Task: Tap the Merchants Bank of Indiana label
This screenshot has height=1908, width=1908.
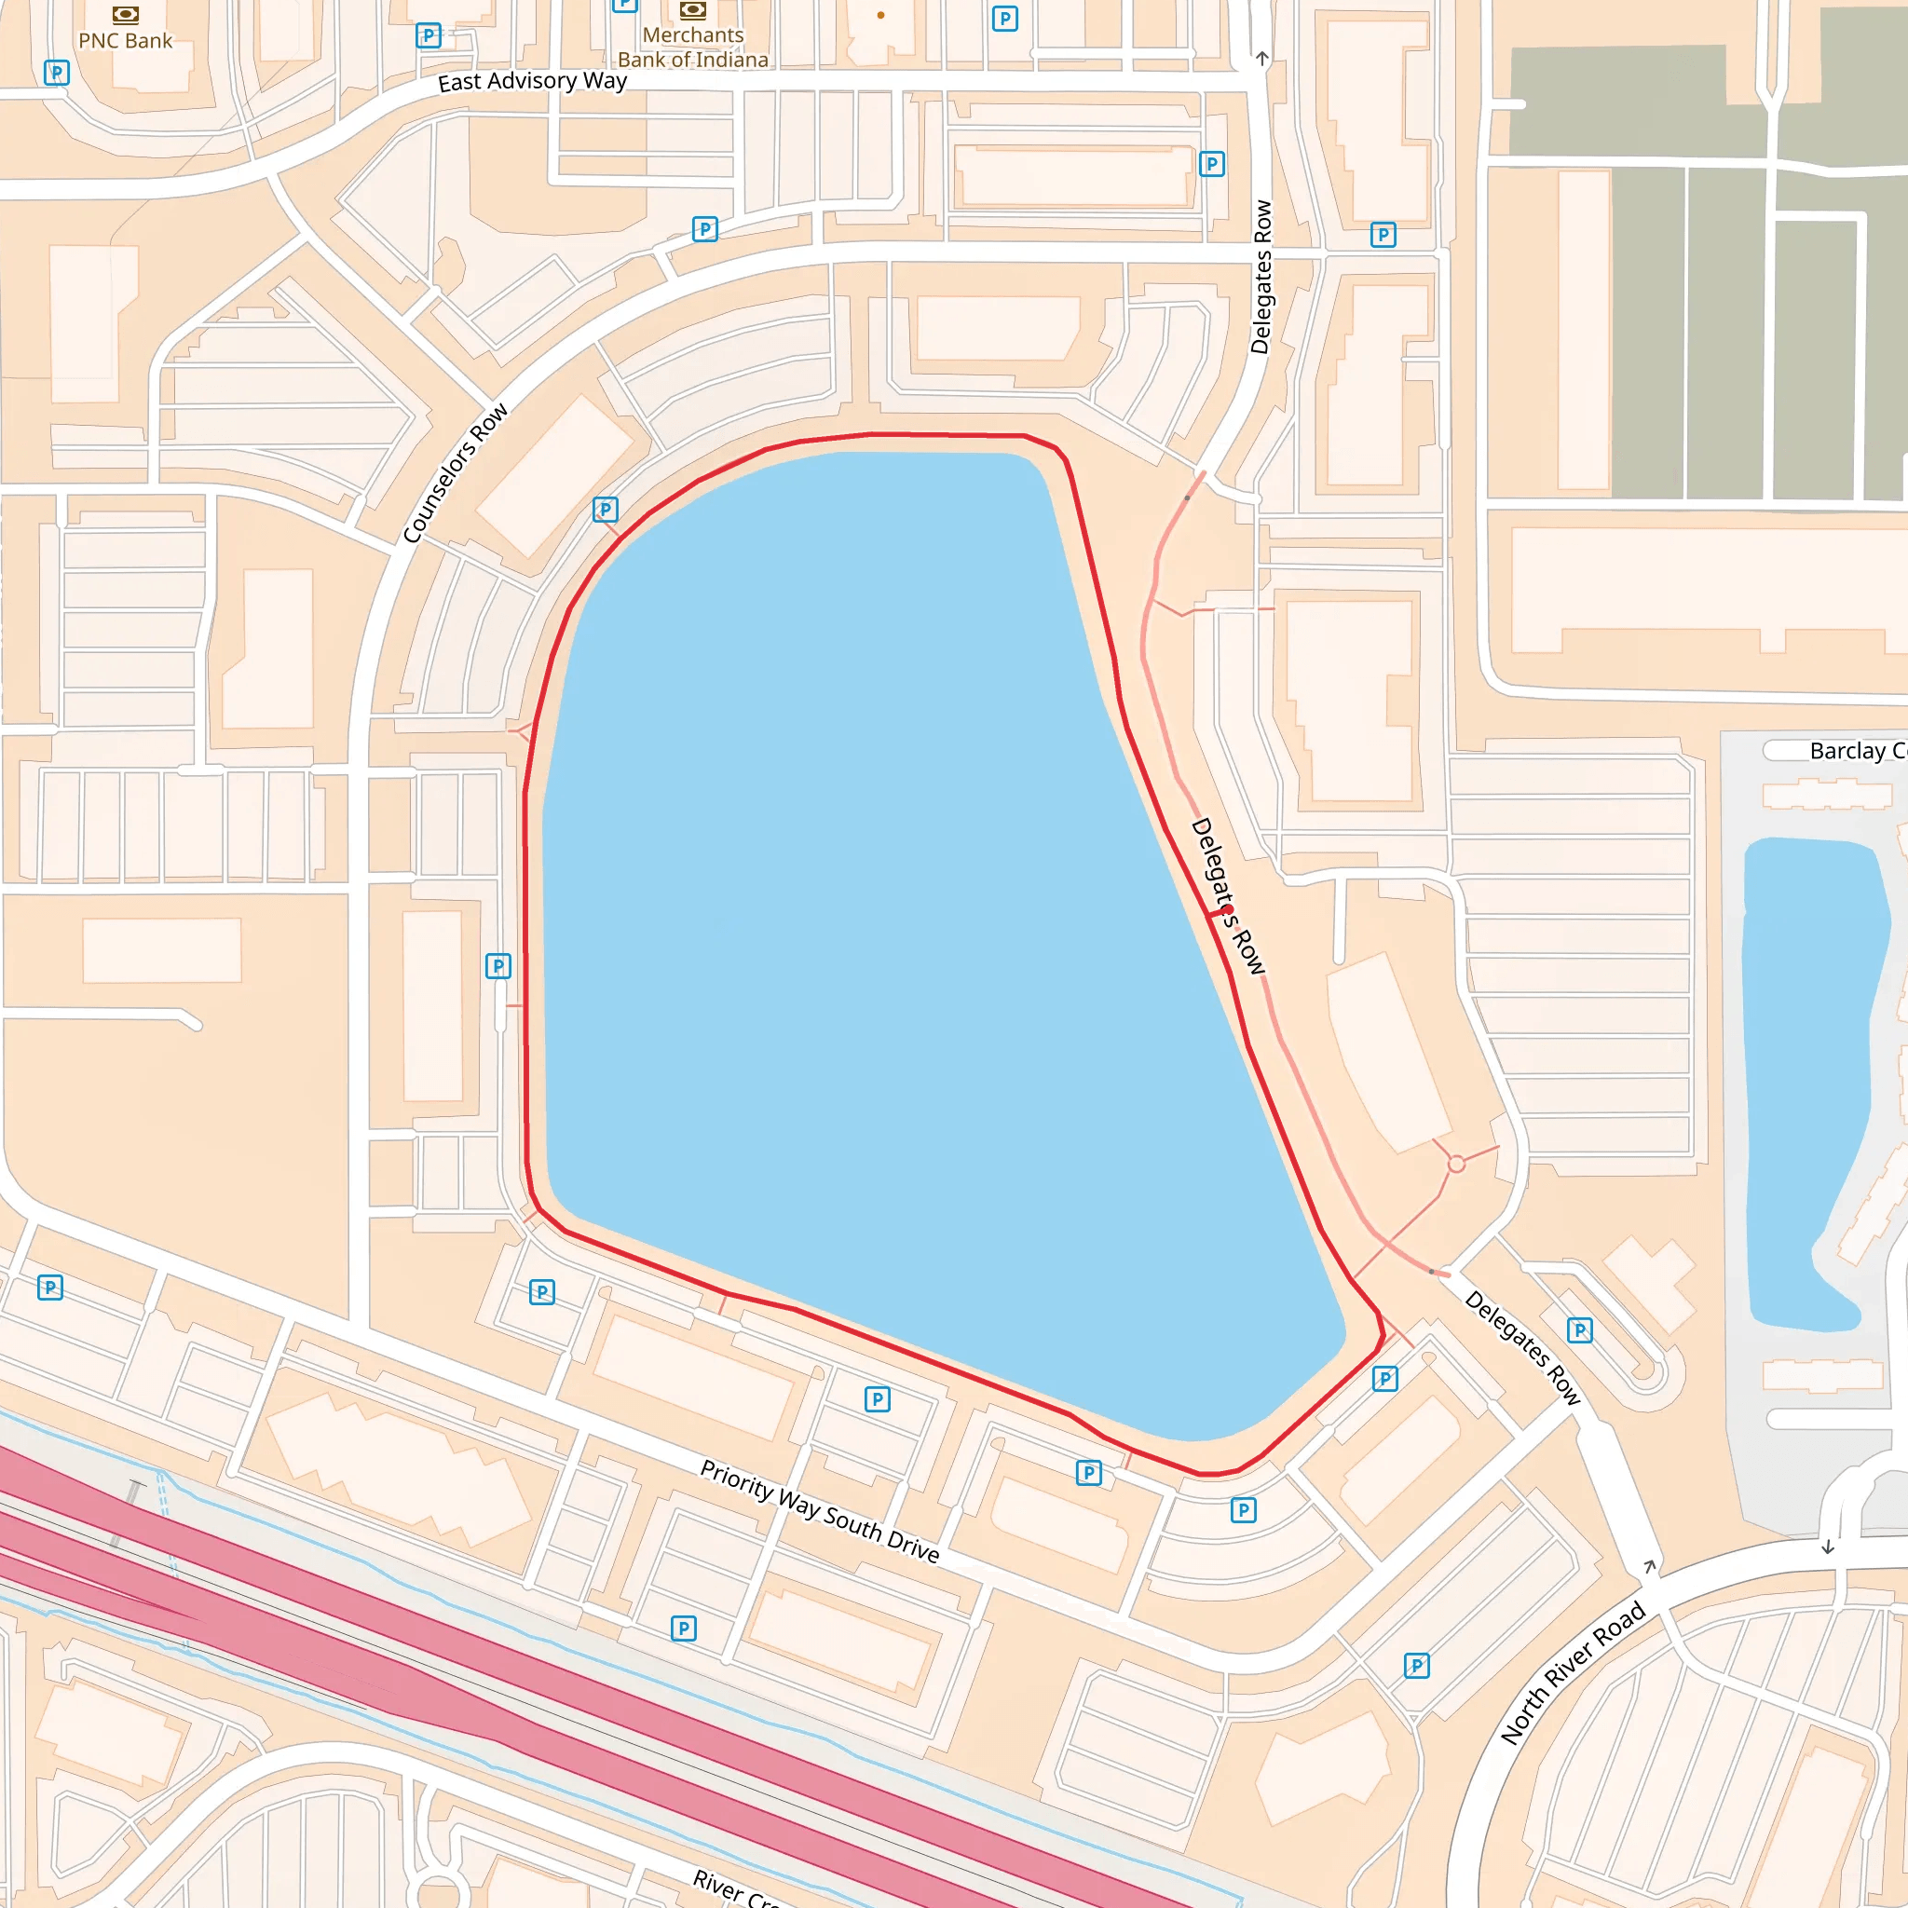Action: [692, 48]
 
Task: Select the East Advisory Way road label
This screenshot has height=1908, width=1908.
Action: [532, 81]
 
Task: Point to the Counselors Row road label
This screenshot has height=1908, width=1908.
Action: [456, 472]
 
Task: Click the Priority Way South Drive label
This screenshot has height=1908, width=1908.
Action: [819, 1512]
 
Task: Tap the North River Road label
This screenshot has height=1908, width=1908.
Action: [1573, 1673]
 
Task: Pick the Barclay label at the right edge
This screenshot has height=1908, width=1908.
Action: [1857, 752]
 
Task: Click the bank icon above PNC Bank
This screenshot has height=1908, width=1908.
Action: [126, 15]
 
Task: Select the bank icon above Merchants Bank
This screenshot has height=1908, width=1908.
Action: [692, 11]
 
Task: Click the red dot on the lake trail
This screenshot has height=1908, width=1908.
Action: [1228, 909]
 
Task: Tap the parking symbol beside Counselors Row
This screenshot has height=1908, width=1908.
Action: [606, 510]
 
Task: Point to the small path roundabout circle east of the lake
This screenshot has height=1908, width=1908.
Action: [1457, 1165]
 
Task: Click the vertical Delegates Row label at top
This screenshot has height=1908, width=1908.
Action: [1261, 277]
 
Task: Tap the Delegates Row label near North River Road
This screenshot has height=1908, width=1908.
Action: [1523, 1347]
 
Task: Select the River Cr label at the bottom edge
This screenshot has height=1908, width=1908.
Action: [736, 1890]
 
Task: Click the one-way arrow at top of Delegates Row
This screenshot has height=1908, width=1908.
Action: [1262, 59]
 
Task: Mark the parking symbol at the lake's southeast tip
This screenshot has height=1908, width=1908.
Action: [1385, 1379]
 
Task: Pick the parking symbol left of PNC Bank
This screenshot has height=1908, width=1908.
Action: [57, 72]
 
